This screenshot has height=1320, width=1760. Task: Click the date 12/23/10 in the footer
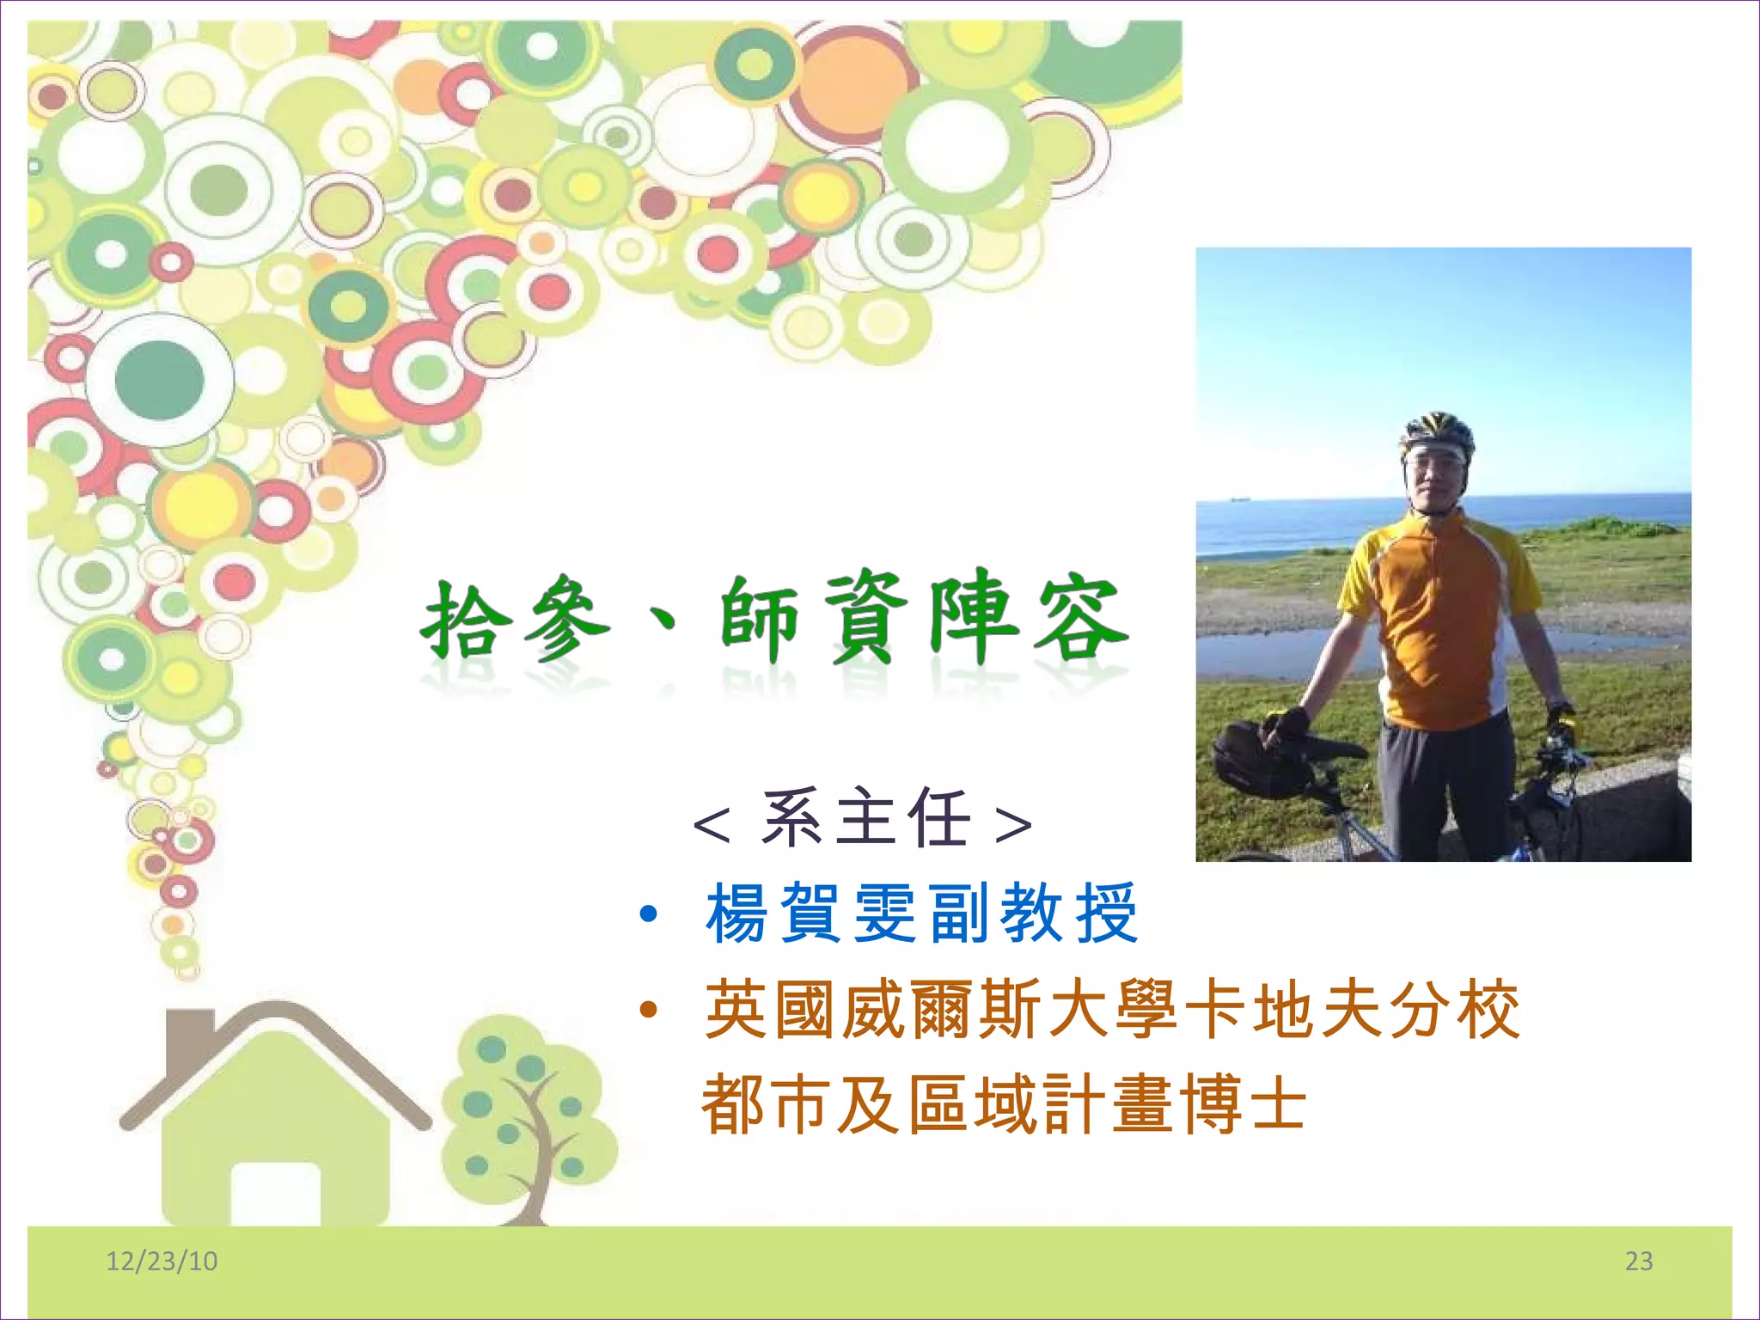click(162, 1261)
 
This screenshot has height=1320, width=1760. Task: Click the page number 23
click(1639, 1261)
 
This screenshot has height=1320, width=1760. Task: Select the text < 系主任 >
click(862, 819)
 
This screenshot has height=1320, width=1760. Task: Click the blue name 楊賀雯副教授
click(921, 914)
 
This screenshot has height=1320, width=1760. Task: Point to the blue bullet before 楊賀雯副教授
click(649, 914)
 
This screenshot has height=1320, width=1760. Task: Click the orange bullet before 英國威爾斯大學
click(649, 1010)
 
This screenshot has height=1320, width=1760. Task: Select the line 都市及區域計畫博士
click(1004, 1105)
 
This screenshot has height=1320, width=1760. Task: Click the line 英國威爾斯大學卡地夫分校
click(1112, 1010)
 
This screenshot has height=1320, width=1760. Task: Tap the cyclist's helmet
click(1438, 431)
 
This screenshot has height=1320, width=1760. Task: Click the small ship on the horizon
click(1237, 497)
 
